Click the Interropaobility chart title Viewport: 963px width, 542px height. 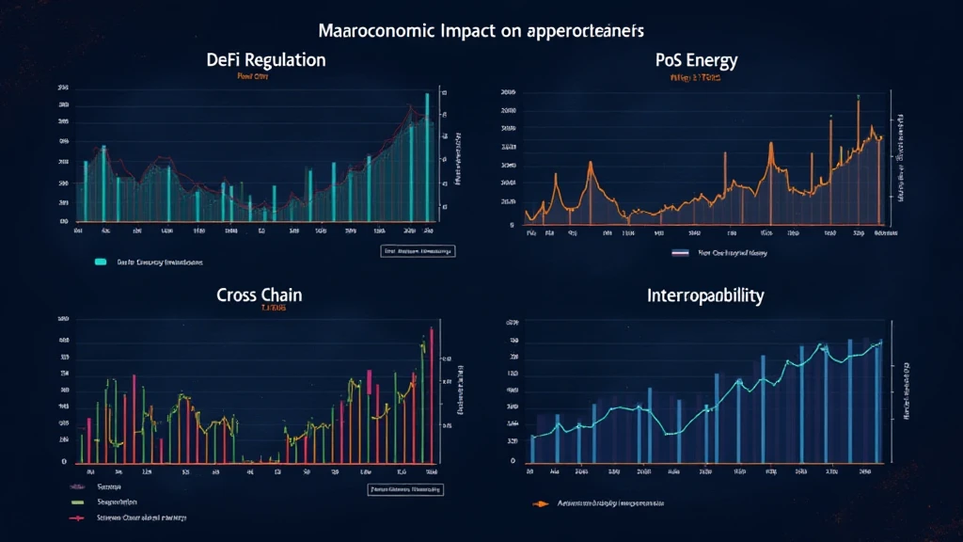(x=706, y=295)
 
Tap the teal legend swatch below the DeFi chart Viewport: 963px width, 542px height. (x=100, y=263)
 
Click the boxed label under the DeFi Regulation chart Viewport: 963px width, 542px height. (x=417, y=251)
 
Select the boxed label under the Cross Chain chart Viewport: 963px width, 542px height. (x=403, y=489)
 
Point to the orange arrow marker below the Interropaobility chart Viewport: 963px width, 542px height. (x=539, y=503)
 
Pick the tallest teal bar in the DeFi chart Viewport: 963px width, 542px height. (x=427, y=155)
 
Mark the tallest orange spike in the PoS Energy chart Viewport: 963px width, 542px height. (x=858, y=160)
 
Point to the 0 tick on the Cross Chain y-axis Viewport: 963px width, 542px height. (x=66, y=462)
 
